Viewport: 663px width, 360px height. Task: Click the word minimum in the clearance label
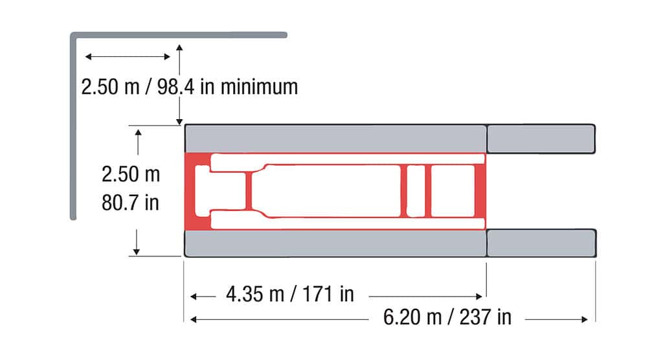(259, 87)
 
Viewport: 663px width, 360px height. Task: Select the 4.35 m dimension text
(254, 294)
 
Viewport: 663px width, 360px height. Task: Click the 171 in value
(328, 294)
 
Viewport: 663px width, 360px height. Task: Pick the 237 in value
(486, 317)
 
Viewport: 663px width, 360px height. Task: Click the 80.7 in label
(130, 203)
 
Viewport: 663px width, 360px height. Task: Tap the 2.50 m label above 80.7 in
(131, 174)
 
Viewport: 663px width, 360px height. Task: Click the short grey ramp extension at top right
(541, 139)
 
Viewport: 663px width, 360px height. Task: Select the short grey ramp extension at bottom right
(541, 243)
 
